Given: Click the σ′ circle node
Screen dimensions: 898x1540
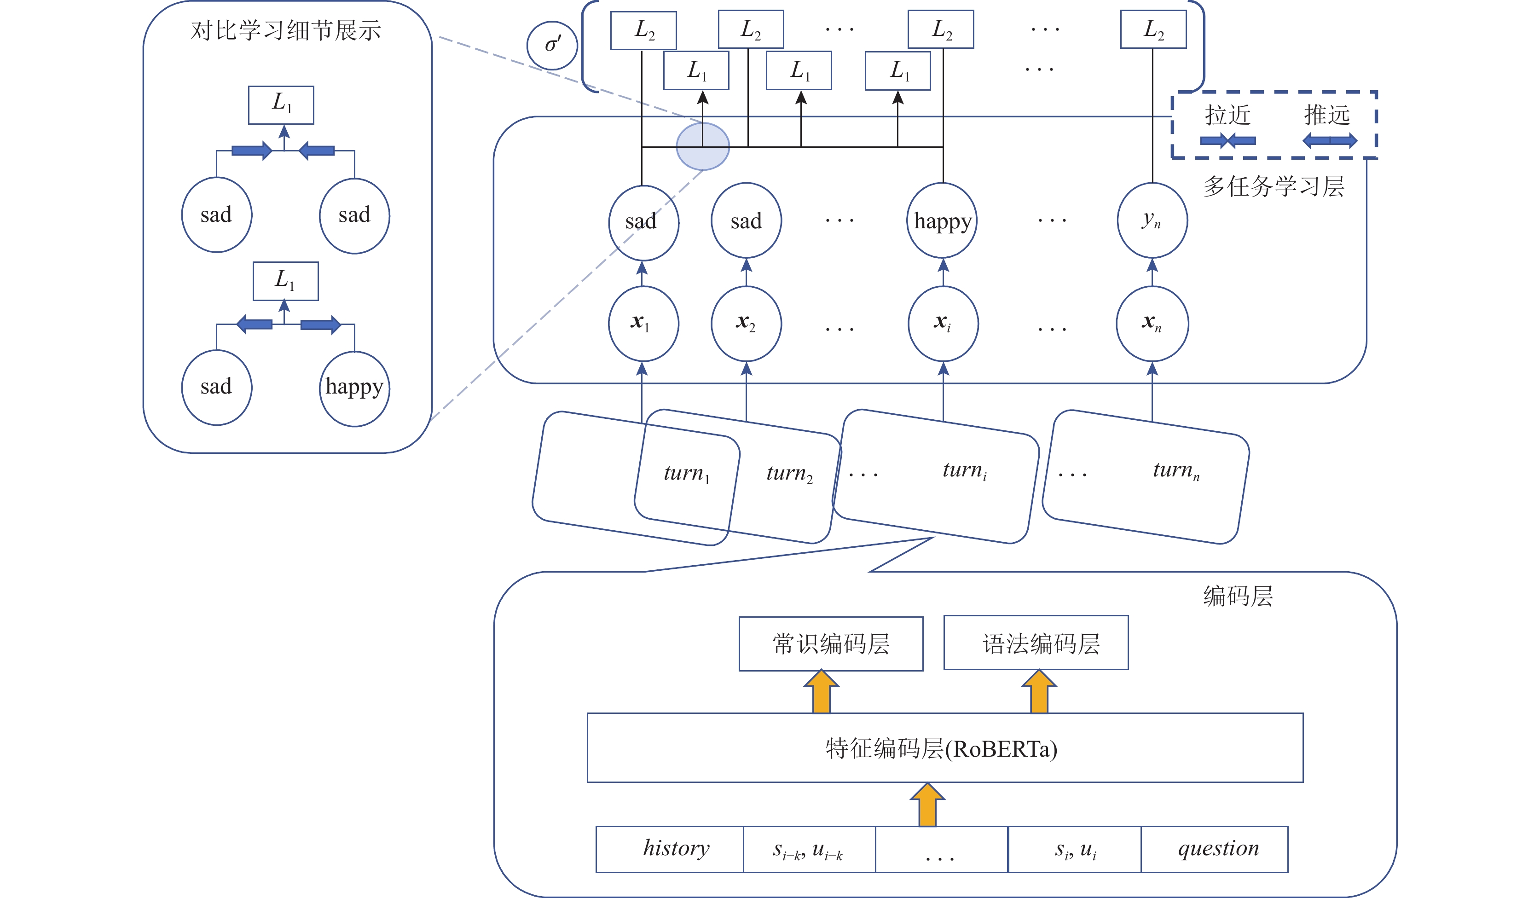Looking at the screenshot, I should point(552,45).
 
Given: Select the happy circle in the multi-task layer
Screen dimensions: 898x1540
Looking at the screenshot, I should point(942,220).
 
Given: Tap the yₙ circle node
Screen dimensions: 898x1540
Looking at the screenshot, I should point(1152,220).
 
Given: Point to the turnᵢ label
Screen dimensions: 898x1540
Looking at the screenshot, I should point(964,470).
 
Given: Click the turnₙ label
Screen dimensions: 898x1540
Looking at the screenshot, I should point(1175,470).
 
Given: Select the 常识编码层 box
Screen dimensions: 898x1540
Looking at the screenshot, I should point(830,644).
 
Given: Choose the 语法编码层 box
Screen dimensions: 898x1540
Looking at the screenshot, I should point(1036,643).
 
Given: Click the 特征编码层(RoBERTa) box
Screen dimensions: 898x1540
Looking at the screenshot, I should point(944,747).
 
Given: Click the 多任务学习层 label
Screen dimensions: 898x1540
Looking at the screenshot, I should point(1273,186).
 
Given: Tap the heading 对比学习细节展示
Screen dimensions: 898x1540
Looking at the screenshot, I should point(285,30).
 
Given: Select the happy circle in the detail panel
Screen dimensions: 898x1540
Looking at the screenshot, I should point(354,388).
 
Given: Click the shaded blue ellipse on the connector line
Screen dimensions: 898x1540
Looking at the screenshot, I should point(703,146).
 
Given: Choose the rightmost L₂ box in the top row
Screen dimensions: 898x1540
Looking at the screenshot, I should point(1153,29).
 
